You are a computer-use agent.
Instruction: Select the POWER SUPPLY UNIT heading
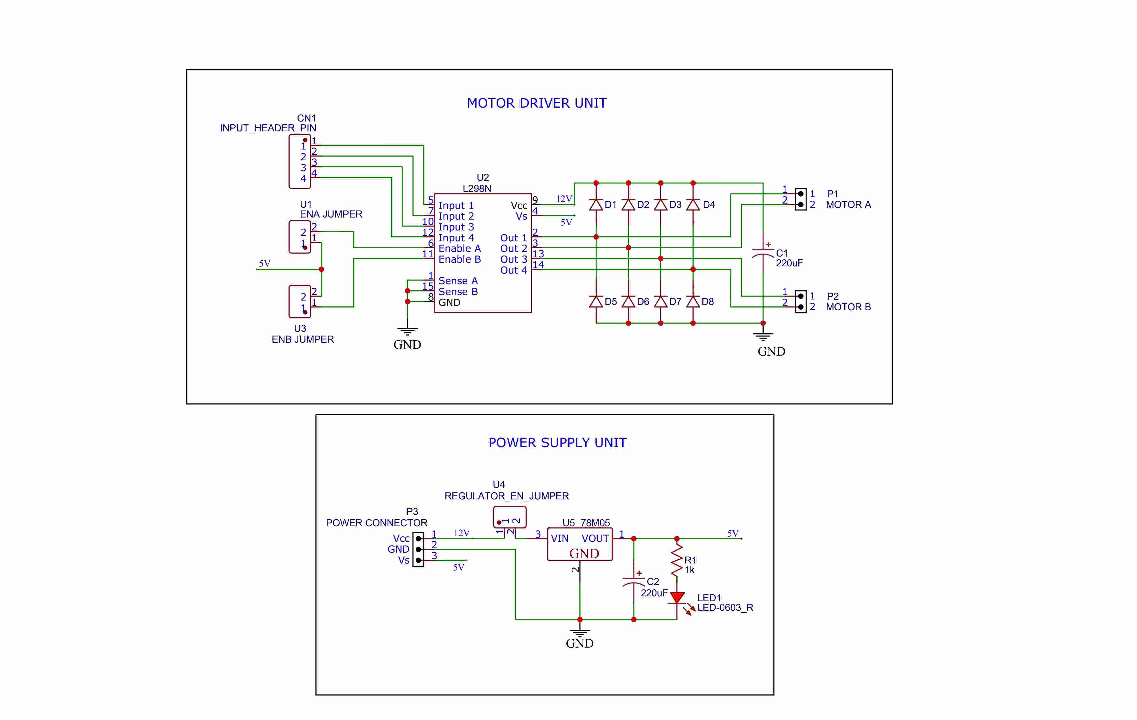tap(557, 443)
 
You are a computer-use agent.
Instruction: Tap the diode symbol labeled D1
tap(596, 205)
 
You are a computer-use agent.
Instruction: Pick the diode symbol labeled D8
tap(693, 301)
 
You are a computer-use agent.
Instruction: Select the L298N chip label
tap(477, 189)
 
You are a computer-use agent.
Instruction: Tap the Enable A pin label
tap(459, 249)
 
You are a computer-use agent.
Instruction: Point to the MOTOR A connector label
tap(848, 205)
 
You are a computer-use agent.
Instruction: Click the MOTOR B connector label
tap(848, 307)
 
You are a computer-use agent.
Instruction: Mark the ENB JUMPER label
tap(303, 339)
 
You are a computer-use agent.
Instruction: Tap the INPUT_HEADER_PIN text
tap(268, 128)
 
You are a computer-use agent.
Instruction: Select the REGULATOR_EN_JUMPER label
tap(507, 496)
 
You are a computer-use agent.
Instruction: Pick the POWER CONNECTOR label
tap(376, 523)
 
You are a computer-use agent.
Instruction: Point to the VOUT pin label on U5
tap(595, 539)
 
